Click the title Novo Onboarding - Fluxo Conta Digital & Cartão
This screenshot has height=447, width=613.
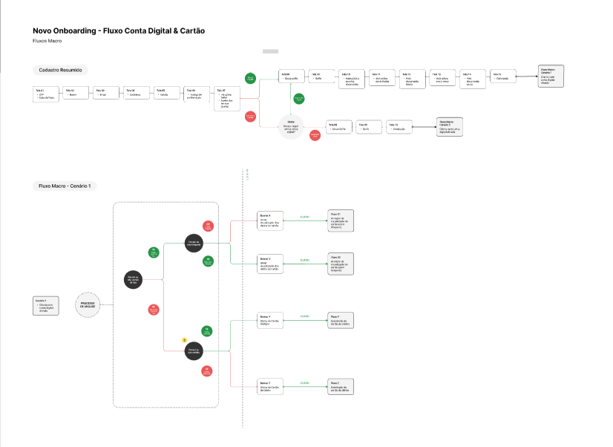click(x=119, y=31)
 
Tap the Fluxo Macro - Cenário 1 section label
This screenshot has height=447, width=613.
click(x=68, y=186)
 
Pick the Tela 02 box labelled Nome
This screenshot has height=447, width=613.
click(x=75, y=94)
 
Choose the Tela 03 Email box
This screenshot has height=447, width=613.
click(x=105, y=94)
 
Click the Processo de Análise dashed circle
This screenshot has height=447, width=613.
click(x=87, y=304)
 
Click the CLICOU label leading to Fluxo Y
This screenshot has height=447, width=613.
click(x=304, y=317)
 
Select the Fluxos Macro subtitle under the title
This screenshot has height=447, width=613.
click(x=47, y=41)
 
